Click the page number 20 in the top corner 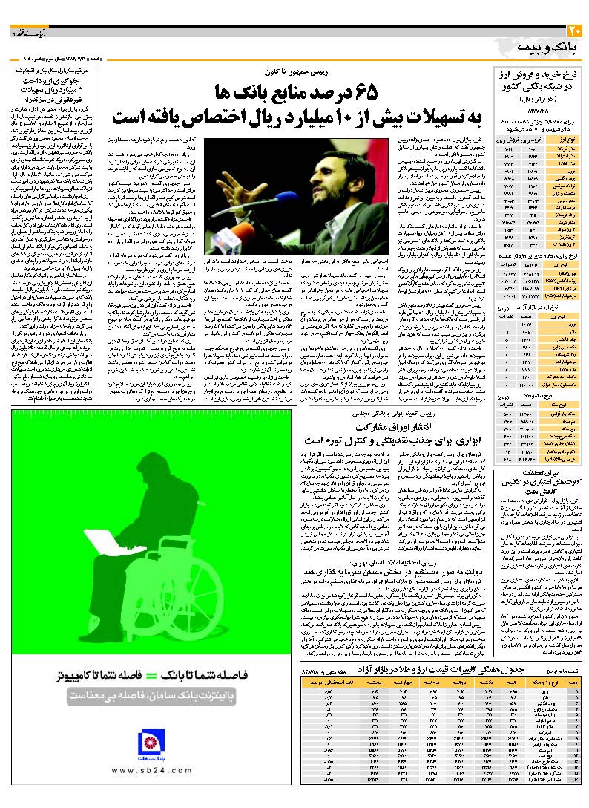575,31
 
